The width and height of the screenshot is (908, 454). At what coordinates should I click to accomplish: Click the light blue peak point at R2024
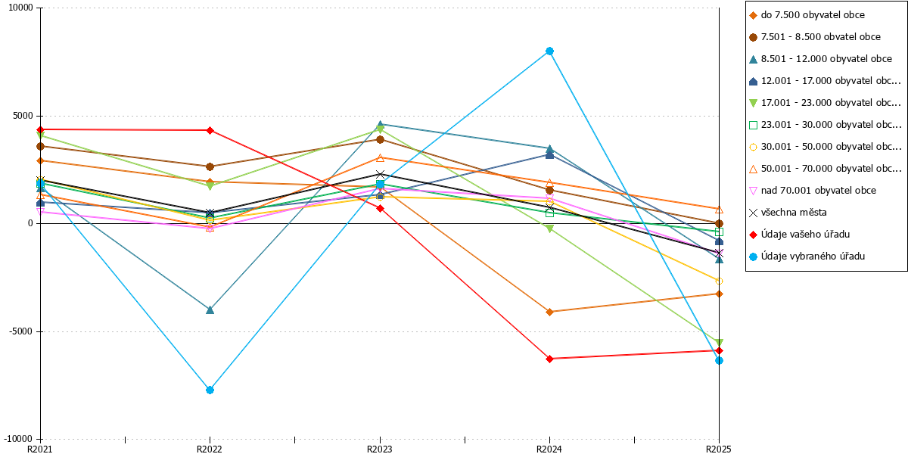tap(549, 51)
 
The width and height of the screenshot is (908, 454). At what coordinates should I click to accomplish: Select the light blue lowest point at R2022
tap(210, 390)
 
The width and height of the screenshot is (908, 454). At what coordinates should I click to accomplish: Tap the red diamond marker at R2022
tap(210, 130)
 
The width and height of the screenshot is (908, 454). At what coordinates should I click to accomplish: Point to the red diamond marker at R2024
tap(549, 359)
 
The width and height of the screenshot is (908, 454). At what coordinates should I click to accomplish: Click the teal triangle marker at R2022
tap(210, 310)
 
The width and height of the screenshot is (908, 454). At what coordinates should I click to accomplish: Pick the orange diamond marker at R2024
tap(549, 312)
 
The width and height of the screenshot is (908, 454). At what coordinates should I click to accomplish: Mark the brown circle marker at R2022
tap(210, 166)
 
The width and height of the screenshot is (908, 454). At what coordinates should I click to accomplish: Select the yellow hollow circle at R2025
tap(719, 281)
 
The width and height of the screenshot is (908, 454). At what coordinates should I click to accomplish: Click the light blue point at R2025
tap(719, 360)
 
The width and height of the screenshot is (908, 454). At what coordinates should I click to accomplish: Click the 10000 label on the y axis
tap(20, 8)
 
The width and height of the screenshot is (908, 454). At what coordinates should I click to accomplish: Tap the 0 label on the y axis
tap(30, 223)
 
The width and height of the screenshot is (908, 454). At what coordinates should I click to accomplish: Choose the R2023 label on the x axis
tap(379, 449)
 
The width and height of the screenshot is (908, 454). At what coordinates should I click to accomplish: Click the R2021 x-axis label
tap(39, 449)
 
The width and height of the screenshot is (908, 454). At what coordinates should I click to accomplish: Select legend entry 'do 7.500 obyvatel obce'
tap(807, 15)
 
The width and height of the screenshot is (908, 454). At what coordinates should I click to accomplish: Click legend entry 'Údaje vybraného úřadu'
tap(807, 257)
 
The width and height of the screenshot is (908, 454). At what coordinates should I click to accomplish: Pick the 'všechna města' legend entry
tap(788, 213)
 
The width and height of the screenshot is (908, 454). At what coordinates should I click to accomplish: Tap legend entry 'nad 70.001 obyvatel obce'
tap(813, 191)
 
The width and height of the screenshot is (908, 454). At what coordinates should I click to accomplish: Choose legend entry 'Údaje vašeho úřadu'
tap(799, 235)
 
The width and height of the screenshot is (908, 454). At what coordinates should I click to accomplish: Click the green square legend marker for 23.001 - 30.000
tap(753, 126)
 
